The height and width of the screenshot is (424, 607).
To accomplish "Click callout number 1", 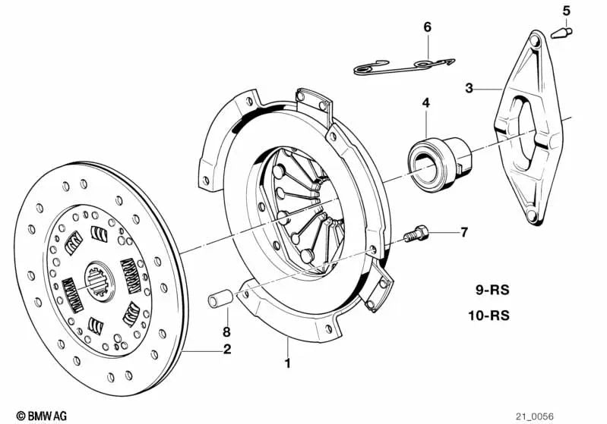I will [287, 363].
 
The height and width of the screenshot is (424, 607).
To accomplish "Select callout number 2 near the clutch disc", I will [226, 350].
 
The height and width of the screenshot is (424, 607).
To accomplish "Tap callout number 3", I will [469, 89].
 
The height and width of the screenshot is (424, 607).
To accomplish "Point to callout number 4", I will [426, 102].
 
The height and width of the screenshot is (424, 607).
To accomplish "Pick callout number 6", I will [427, 27].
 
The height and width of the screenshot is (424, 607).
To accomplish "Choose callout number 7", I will [465, 232].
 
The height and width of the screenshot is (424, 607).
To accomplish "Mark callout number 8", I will [226, 331].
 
